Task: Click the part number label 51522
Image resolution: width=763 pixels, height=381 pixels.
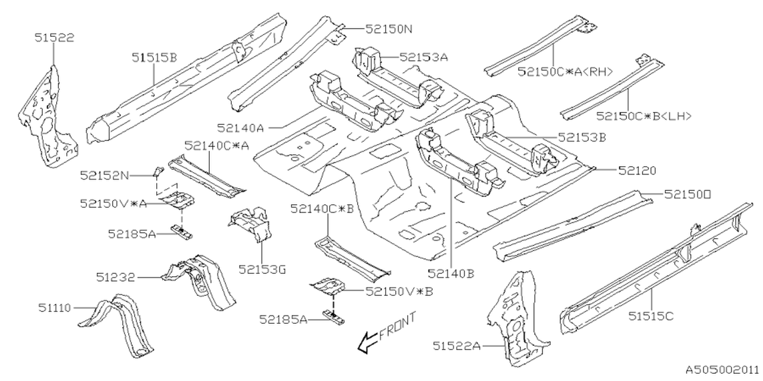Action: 54,39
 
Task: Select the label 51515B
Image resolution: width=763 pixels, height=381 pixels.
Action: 154,57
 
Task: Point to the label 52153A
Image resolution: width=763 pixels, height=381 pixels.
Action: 424,57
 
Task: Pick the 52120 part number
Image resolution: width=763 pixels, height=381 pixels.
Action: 637,170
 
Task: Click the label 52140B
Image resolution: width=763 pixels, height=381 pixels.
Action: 450,274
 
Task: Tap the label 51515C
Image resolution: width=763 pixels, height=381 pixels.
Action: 650,316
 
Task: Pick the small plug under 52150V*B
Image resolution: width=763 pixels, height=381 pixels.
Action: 333,316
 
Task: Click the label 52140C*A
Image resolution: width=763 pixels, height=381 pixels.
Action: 209,145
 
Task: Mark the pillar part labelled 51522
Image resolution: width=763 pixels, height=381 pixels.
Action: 48,116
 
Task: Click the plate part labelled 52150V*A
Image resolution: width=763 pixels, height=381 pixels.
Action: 178,201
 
